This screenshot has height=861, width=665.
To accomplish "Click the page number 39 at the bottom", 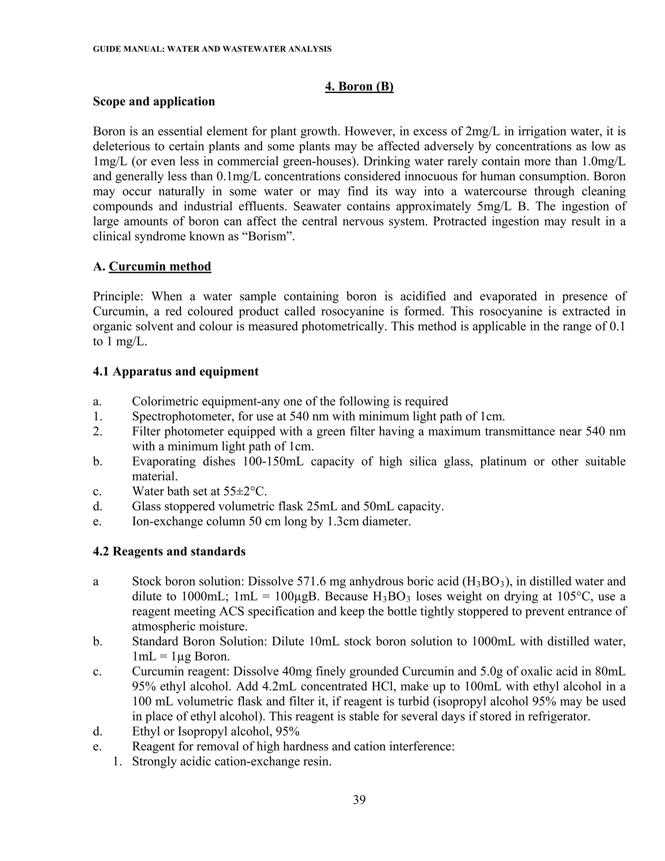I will coord(359,800).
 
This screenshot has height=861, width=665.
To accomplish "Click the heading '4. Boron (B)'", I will coord(359,86).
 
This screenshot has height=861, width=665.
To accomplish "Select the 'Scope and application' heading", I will coord(154,101).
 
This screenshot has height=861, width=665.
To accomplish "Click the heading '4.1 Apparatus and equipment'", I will coord(176,371).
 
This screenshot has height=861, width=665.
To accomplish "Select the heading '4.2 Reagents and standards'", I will coord(169,551).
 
